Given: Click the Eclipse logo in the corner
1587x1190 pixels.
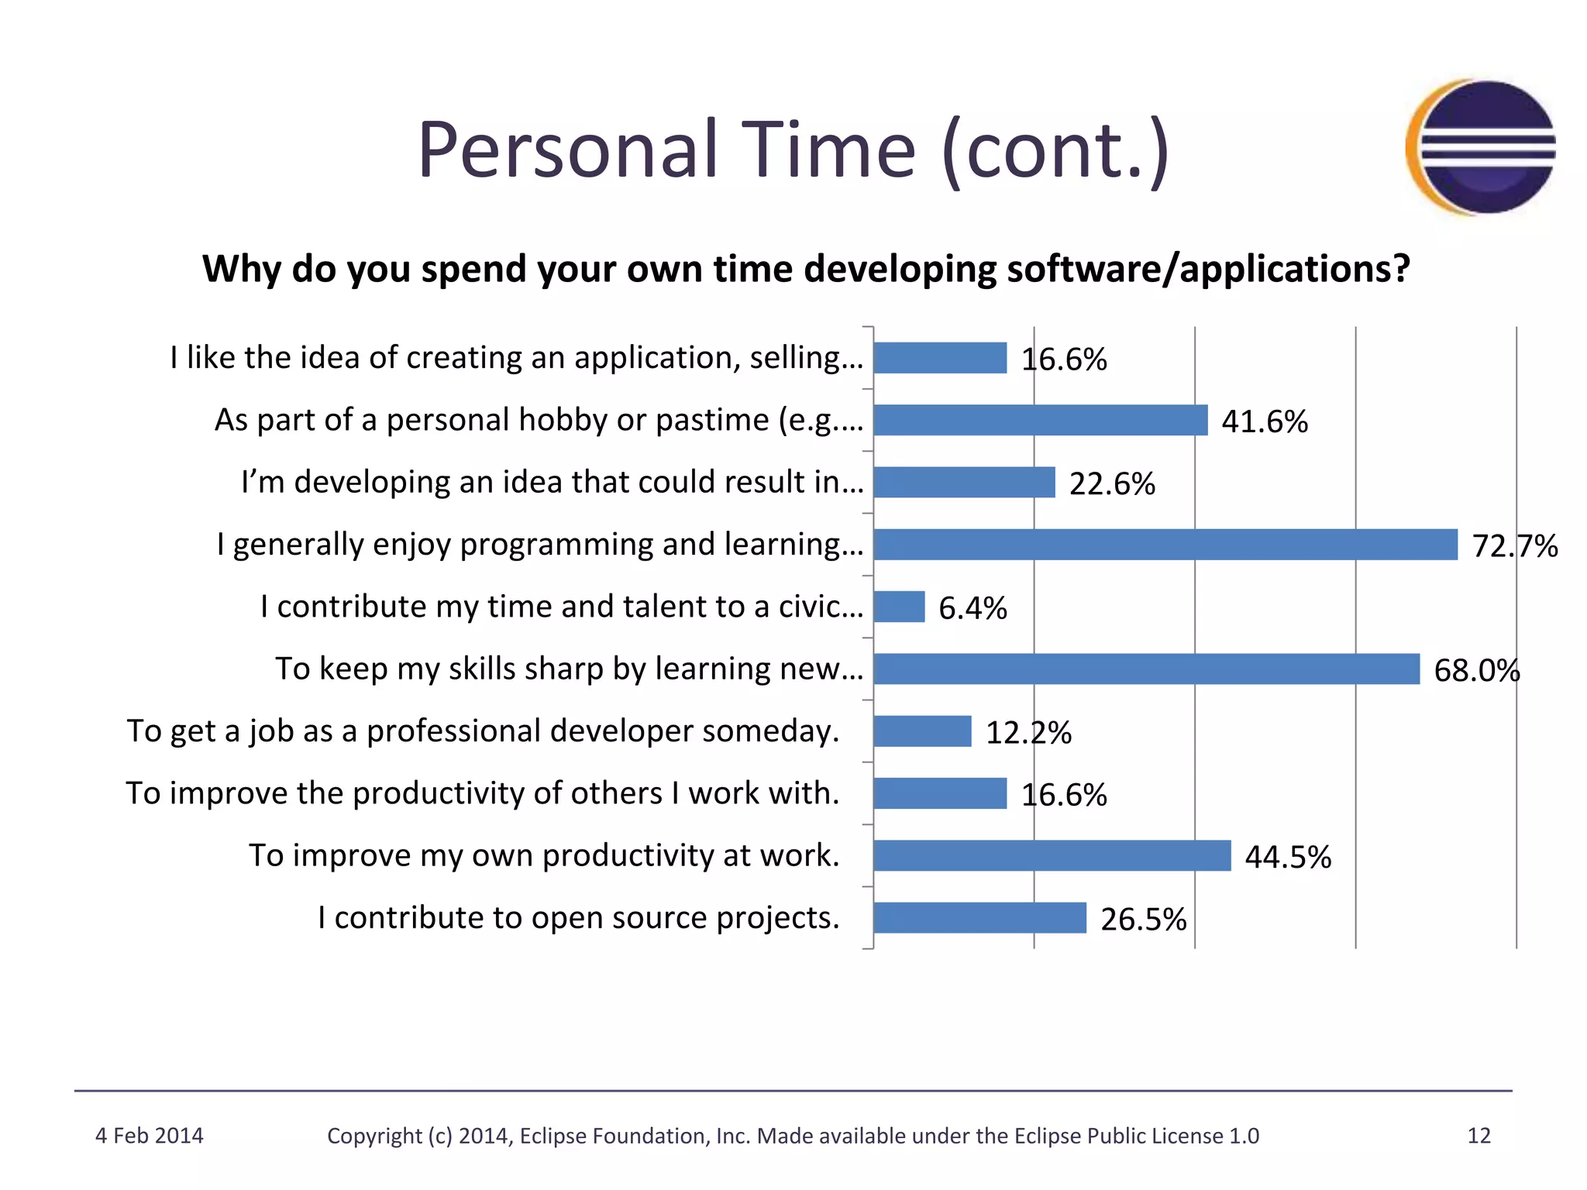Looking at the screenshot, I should point(1480,147).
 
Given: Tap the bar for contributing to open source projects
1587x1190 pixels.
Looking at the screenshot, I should point(979,918).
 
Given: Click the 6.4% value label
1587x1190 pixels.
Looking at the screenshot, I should point(973,608).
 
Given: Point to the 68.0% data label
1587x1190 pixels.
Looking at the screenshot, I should point(1476,670).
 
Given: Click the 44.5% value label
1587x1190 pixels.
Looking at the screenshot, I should point(1288,857).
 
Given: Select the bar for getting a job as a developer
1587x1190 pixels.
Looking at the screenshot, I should point(922,731).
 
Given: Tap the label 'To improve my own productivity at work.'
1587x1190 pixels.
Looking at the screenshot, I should point(544,855).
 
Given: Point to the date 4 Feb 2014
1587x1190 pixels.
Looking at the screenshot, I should point(149,1136).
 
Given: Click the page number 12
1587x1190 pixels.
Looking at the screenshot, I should point(1479,1136).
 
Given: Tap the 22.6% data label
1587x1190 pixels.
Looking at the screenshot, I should point(1112,484).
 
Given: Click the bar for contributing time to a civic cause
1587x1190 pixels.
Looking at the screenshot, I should point(899,607).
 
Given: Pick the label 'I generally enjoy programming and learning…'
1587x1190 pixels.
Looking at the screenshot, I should point(539,545).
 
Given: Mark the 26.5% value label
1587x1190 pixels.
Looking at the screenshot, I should point(1143,920).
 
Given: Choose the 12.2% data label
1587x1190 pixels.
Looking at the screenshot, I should point(1028,733).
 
